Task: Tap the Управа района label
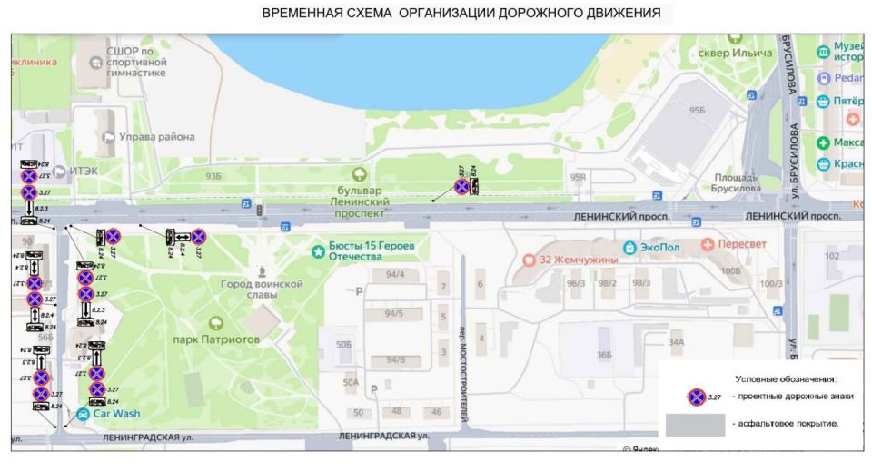(158, 137)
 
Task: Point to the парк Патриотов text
(217, 339)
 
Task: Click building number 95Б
(697, 109)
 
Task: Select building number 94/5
(391, 314)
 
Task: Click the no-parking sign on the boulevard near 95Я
(461, 187)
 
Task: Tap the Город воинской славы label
(262, 289)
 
